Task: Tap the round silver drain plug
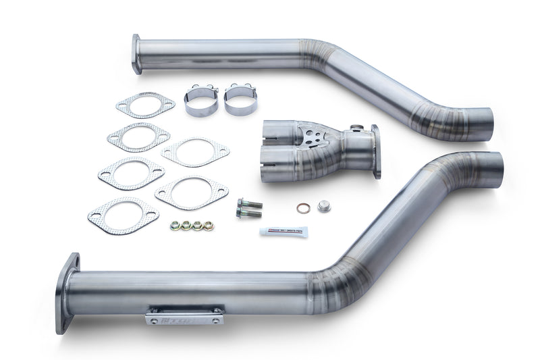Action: [x=323, y=206]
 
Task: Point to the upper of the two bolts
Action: [x=248, y=203]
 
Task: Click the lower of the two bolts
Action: [x=248, y=213]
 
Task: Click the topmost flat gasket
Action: [x=145, y=105]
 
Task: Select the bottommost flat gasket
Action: [x=123, y=215]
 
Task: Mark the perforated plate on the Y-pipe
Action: [x=310, y=138]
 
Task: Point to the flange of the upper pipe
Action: [x=137, y=53]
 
